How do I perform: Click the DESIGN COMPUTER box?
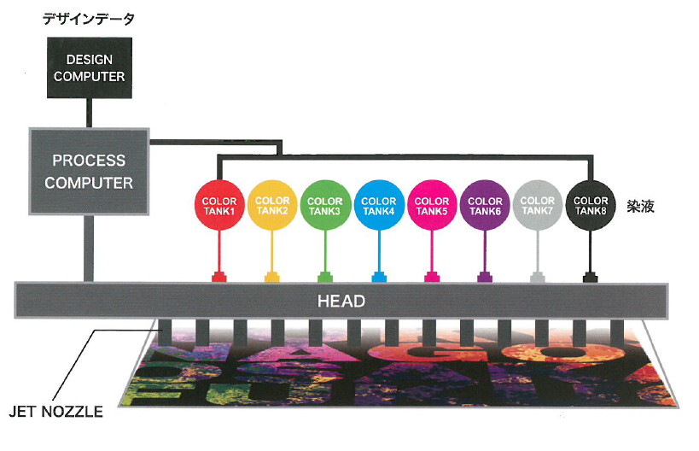click(90, 67)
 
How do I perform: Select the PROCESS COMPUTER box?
click(89, 172)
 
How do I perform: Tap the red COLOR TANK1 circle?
click(219, 205)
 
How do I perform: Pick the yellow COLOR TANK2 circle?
click(272, 205)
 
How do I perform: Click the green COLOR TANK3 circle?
click(325, 205)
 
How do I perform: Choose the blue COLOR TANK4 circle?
click(379, 205)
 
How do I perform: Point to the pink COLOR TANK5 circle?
click(432, 205)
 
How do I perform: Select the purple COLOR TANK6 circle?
click(485, 205)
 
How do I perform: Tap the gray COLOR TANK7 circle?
click(538, 205)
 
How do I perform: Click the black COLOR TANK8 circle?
click(591, 205)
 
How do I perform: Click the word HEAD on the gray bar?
click(341, 302)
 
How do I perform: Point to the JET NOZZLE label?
click(56, 412)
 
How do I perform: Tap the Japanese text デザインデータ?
click(89, 19)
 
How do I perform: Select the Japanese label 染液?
click(641, 206)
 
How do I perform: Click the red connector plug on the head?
click(218, 277)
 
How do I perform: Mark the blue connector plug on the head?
click(379, 277)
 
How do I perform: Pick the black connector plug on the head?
click(591, 277)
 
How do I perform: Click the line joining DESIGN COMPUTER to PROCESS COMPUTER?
click(89, 114)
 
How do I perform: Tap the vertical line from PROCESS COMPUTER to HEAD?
click(89, 249)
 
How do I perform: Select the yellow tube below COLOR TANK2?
click(272, 251)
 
